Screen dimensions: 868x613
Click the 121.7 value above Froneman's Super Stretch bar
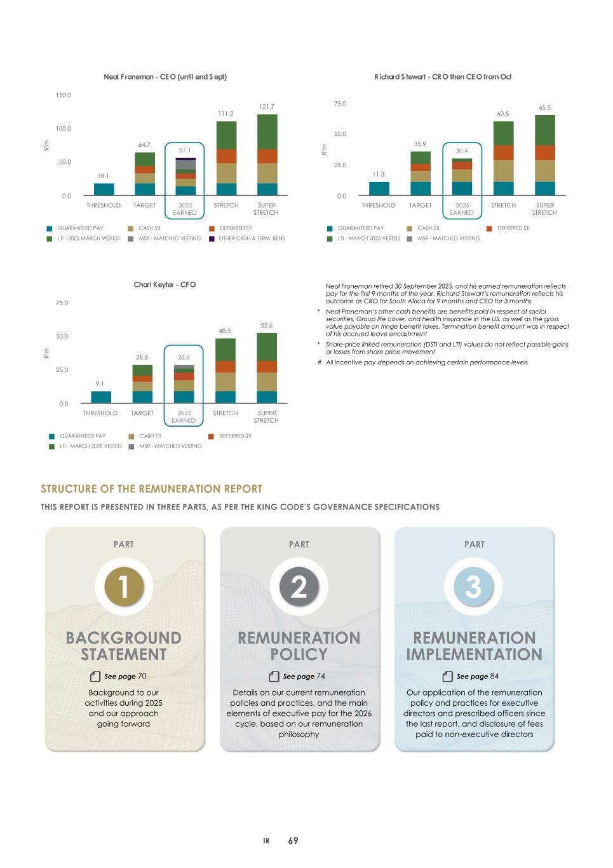[x=267, y=107]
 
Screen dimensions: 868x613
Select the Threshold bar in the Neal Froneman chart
[x=104, y=189]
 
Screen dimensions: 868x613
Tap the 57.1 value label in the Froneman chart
[x=185, y=150]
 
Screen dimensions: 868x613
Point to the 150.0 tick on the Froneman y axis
[x=64, y=95]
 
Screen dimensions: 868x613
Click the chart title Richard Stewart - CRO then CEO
[x=442, y=77]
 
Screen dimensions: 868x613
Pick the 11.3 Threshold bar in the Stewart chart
[x=379, y=188]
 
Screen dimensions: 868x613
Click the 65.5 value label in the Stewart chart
[x=544, y=107]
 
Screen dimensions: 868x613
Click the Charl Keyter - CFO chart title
[x=165, y=285]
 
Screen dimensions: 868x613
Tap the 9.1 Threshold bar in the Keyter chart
[x=100, y=397]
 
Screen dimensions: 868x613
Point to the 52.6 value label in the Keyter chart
[x=266, y=326]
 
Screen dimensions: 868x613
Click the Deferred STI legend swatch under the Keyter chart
[x=212, y=436]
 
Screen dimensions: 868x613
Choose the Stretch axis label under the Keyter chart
[x=225, y=413]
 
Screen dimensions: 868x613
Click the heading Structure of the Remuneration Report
[x=151, y=489]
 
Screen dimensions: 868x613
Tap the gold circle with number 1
[x=124, y=586]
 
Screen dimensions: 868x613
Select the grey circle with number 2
[x=299, y=586]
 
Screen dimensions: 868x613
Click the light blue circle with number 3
[x=473, y=586]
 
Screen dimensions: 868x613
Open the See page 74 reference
[x=299, y=676]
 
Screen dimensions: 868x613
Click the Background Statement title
[x=124, y=646]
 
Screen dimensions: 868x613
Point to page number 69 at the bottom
[x=293, y=841]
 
